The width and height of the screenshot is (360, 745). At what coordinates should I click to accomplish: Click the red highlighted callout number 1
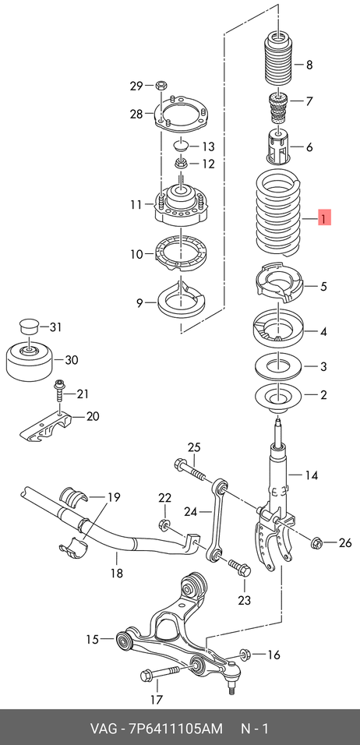323,219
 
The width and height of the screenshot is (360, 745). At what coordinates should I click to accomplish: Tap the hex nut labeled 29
161,86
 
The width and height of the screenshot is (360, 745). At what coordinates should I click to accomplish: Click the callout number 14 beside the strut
311,475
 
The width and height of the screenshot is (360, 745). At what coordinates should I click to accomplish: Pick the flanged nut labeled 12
182,164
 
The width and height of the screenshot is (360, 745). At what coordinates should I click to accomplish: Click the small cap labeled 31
28,327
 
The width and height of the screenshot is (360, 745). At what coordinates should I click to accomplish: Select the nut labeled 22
164,524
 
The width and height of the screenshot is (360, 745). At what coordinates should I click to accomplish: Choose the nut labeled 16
245,655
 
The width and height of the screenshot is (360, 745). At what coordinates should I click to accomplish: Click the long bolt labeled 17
159,673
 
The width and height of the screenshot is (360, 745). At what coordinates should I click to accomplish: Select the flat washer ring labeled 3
277,367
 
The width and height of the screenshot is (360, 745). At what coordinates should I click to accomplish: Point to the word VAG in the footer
103,729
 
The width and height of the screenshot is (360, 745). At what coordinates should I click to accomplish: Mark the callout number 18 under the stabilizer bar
116,573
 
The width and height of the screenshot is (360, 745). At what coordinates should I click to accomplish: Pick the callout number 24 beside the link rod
190,512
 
